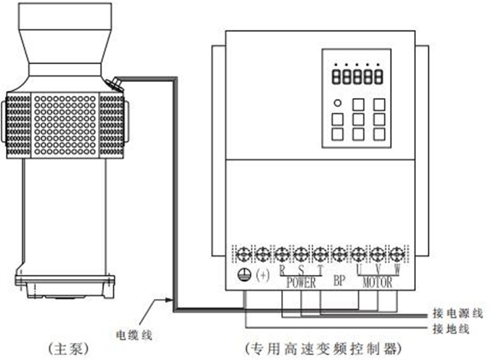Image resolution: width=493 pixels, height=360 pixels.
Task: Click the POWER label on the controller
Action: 300,283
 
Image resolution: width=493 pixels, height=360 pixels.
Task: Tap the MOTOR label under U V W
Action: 377,283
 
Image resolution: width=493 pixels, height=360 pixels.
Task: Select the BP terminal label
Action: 339,282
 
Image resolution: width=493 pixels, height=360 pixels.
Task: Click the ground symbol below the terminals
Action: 245,275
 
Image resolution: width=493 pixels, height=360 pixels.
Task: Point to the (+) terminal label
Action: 263,276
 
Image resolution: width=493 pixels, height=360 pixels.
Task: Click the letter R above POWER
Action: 282,269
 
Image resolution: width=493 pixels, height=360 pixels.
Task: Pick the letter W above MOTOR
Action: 397,269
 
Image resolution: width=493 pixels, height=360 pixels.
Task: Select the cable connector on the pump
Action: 115,83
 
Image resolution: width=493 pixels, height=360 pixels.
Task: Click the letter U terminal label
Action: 359,269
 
